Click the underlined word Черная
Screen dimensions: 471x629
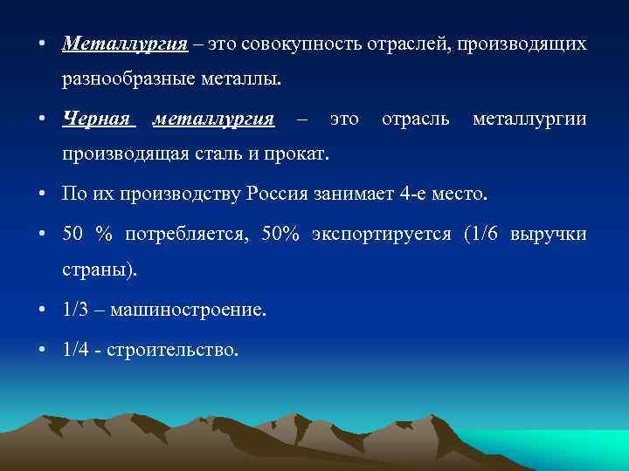97,118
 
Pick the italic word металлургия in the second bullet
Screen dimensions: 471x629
214,118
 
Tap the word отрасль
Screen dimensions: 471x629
416,118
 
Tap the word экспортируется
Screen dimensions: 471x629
377,235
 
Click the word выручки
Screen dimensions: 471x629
550,235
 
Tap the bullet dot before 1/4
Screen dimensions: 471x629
44,350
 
